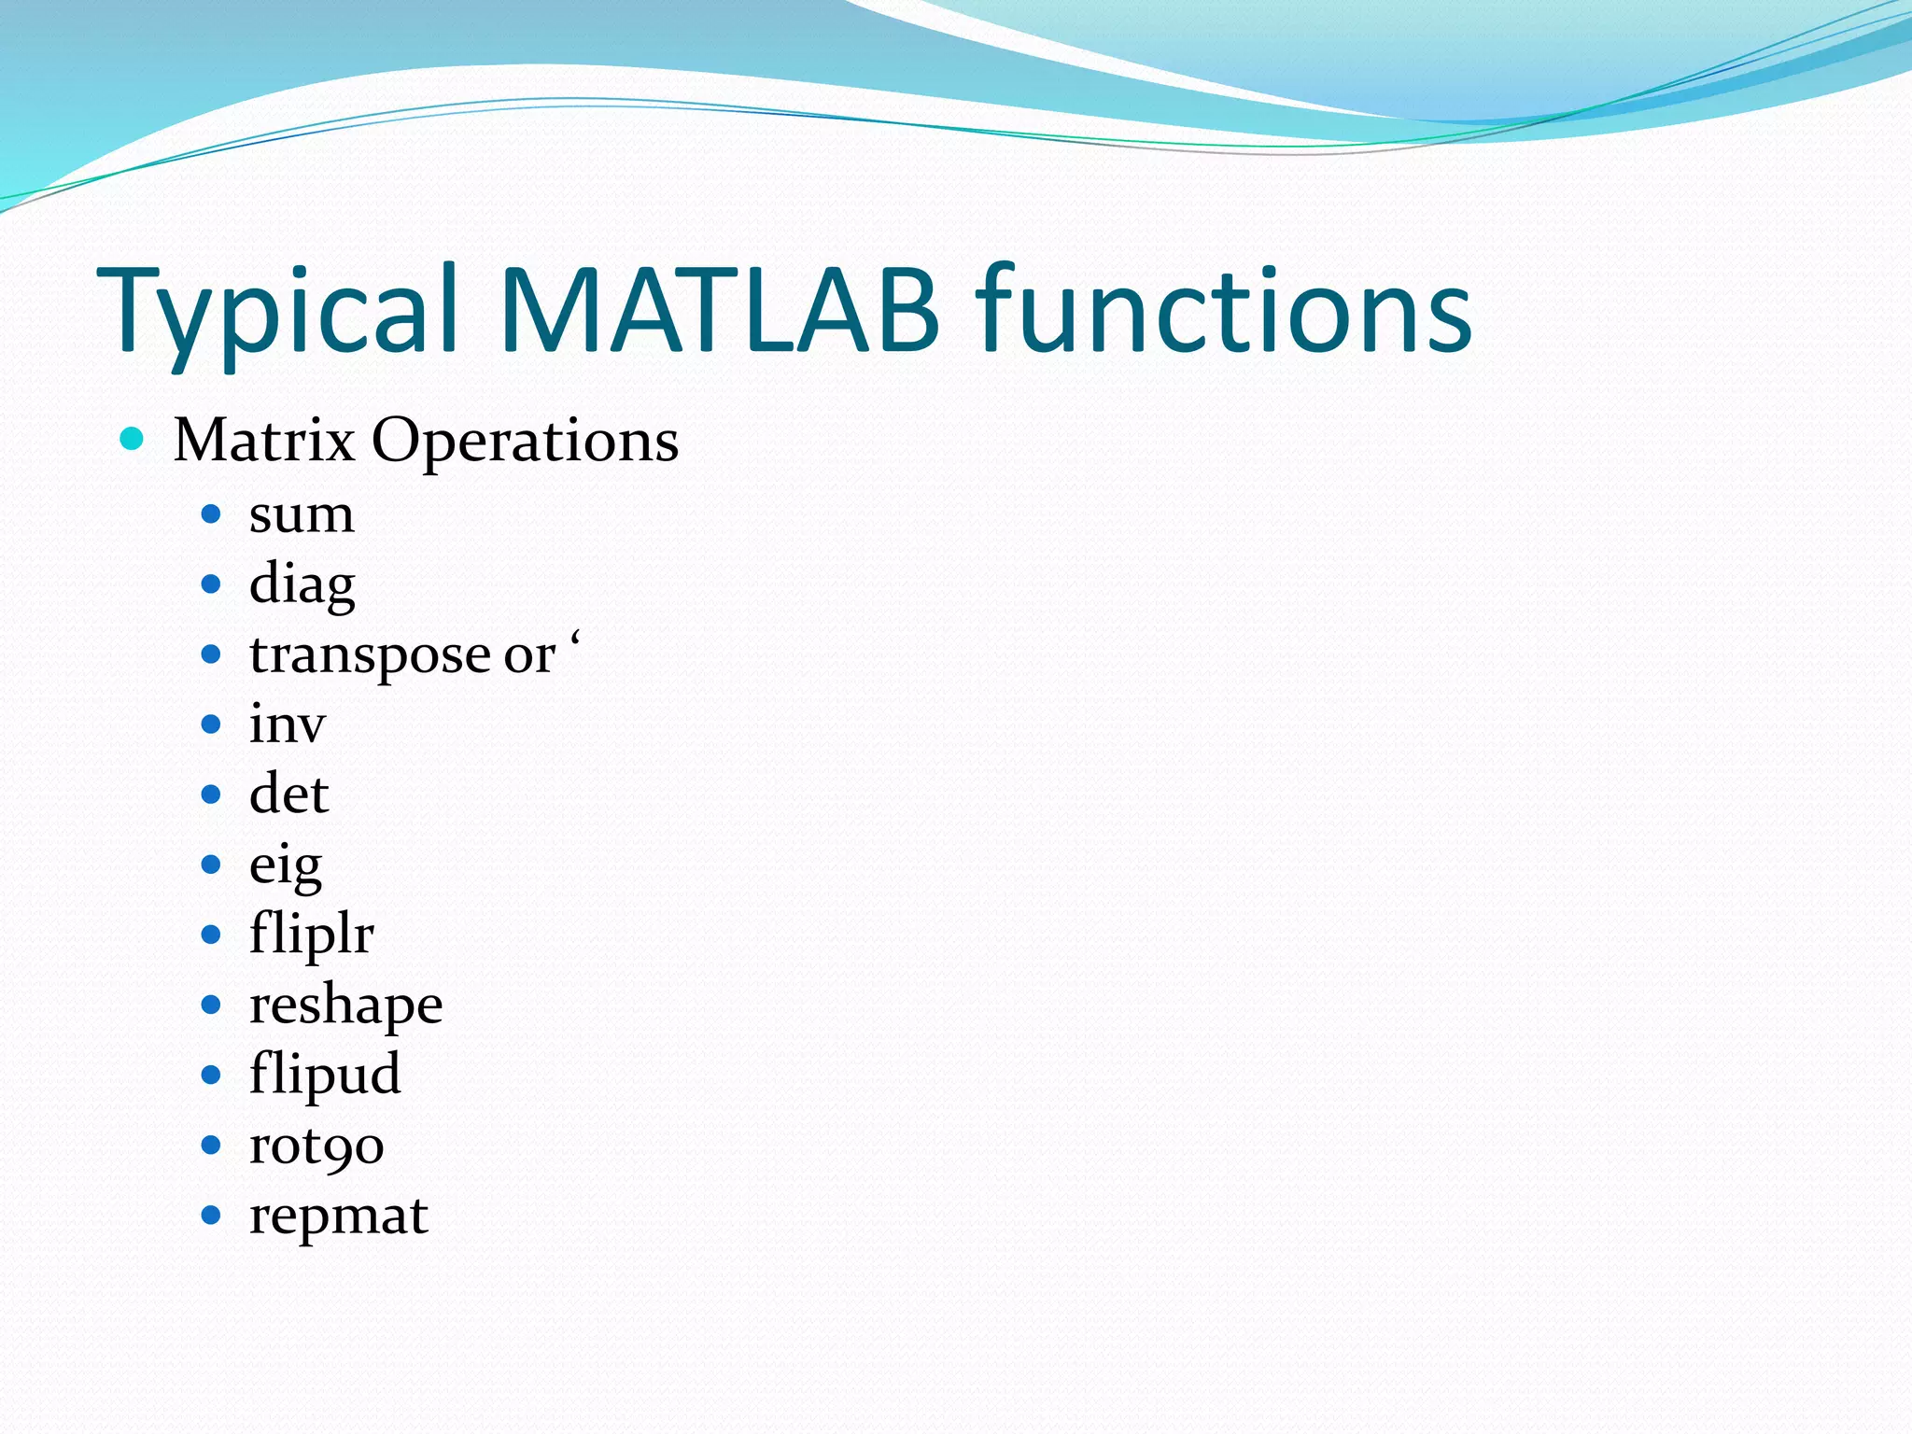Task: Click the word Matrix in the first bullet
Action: [264, 440]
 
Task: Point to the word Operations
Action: [525, 442]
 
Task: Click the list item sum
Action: [302, 514]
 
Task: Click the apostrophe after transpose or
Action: [575, 640]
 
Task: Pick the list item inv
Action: [287, 724]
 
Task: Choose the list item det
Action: [288, 794]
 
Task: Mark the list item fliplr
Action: [311, 935]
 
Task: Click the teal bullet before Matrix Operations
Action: [132, 439]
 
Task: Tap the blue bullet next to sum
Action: [211, 514]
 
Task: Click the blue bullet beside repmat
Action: [211, 1216]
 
